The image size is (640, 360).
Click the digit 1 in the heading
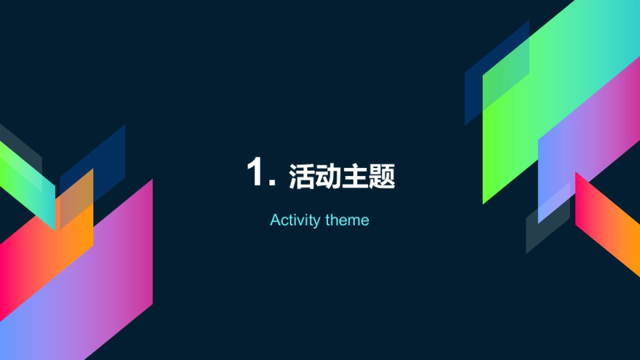pos(256,172)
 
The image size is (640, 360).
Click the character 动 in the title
pos(328,177)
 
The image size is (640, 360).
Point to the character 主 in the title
pos(355,177)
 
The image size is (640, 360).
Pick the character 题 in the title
pos(381,177)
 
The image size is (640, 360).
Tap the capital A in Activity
pos(275,220)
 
